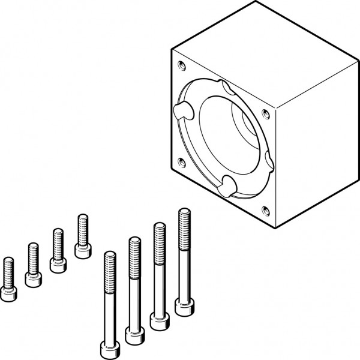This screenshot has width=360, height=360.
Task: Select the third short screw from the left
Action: tap(58, 250)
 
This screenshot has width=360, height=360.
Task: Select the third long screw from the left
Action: tap(159, 276)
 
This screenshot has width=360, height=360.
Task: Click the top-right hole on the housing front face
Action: tap(266, 112)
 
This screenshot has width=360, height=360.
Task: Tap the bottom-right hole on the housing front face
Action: tap(266, 209)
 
